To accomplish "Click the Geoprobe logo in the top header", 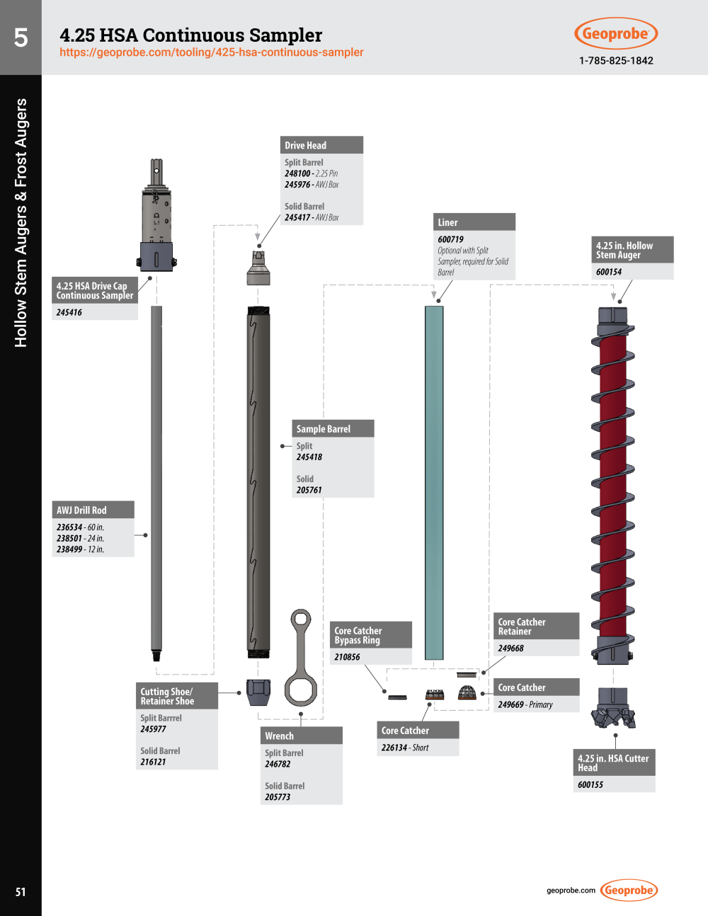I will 615,33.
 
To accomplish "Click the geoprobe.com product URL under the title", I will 211,52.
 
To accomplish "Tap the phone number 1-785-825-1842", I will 615,60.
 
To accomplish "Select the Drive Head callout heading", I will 306,145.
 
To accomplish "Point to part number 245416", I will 69,312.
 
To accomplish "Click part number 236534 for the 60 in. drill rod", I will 69,527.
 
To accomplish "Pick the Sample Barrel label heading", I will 324,429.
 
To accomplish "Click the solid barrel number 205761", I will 309,490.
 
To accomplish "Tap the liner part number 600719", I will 450,239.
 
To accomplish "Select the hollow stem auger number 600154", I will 609,272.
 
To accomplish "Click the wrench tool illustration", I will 300,658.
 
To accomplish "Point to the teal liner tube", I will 434,481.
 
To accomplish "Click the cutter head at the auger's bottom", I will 613,708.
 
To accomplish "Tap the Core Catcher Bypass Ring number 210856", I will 347,657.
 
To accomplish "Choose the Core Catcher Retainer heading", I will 522,626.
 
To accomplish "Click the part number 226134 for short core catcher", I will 394,748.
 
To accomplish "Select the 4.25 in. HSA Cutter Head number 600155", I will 590,784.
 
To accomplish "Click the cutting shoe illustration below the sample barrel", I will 259,691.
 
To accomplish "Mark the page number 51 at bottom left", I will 21,892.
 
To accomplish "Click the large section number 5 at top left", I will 21,38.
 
